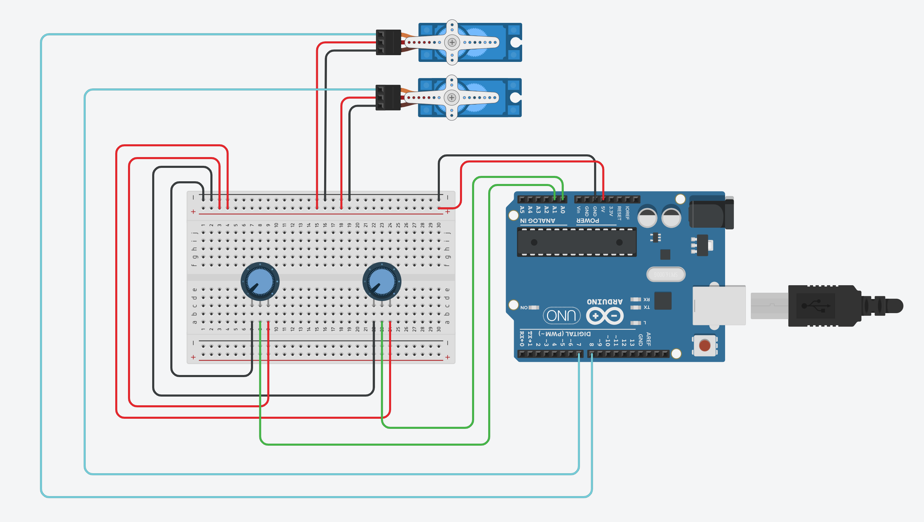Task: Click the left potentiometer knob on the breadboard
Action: (x=260, y=282)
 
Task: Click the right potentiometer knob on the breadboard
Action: (x=382, y=282)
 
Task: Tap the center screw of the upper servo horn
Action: (x=452, y=42)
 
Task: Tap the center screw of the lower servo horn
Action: (x=452, y=97)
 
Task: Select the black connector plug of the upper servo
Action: (x=388, y=42)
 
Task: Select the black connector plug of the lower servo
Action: (x=388, y=97)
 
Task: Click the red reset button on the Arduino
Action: (x=705, y=345)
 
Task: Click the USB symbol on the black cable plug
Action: (x=816, y=306)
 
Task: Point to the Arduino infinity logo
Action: (x=605, y=316)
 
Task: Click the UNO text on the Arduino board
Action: (x=561, y=315)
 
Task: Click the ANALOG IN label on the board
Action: (x=537, y=220)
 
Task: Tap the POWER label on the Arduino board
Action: (x=588, y=220)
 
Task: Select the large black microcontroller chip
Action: (x=577, y=242)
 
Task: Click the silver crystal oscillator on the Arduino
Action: (x=666, y=274)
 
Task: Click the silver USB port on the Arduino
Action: (x=719, y=305)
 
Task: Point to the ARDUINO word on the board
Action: (x=604, y=302)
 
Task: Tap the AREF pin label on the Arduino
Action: (x=648, y=339)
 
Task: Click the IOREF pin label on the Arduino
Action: (x=627, y=213)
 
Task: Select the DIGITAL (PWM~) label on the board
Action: (x=564, y=334)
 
